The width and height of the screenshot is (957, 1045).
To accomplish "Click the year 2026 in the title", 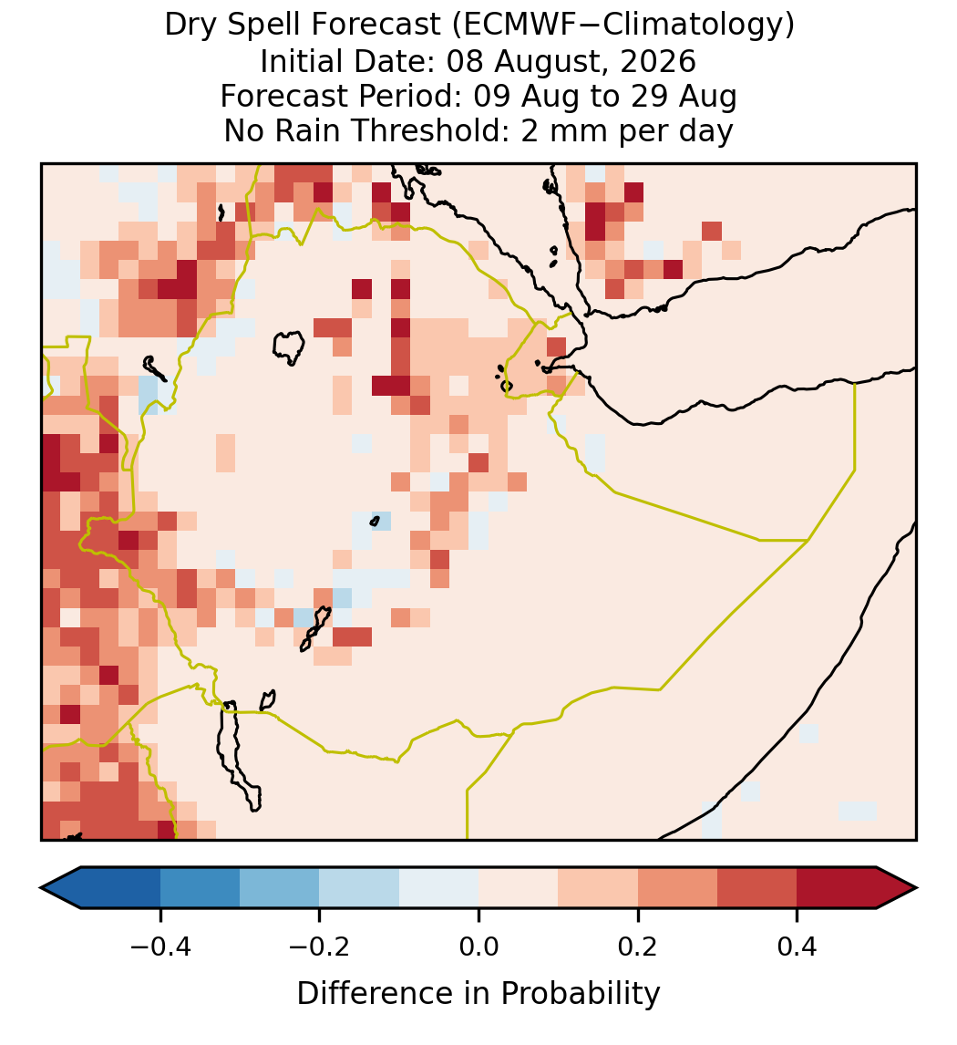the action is pos(658,61).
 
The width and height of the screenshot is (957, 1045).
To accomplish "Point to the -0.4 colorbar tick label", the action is pos(160,946).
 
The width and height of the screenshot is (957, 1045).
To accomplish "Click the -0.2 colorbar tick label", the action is pos(320,946).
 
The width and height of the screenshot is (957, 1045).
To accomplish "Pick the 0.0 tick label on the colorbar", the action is pos(478,946).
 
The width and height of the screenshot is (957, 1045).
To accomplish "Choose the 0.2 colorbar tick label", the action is pos(638,946).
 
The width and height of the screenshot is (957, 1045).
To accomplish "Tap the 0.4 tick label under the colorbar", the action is pos(797,946).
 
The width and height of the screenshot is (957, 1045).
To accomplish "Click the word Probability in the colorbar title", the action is pos(580,994).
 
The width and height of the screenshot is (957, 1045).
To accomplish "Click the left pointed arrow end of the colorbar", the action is pos(60,888).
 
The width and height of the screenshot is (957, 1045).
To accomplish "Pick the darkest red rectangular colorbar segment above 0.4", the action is pos(837,888).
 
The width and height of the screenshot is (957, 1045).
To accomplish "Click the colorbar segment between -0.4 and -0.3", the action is pos(200,888).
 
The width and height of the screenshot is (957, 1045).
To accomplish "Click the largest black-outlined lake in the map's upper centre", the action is pos(289,347).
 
